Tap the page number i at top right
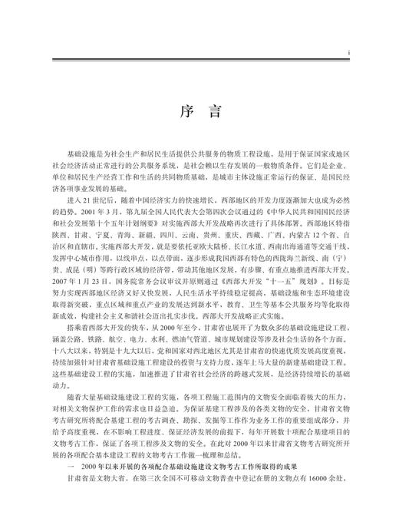pyautogui.click(x=349, y=52)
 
